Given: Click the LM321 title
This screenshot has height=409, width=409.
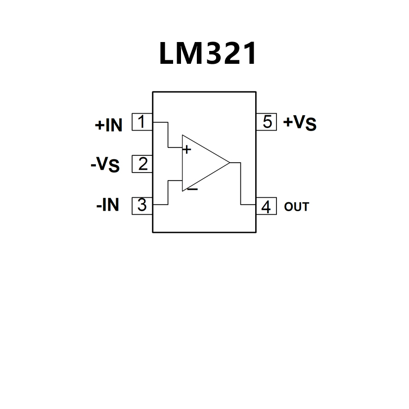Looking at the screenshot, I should [208, 53].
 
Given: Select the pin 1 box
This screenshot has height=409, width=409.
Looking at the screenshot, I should [142, 122].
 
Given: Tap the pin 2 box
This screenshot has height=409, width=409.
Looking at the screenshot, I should [142, 164].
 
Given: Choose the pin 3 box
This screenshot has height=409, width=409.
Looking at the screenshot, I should [142, 205].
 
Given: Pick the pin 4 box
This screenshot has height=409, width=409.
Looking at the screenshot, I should [266, 207].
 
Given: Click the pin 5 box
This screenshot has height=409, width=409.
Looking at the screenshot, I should [267, 122].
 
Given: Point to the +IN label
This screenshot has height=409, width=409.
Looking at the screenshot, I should [108, 125].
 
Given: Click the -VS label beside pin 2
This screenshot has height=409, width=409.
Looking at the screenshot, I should [105, 164].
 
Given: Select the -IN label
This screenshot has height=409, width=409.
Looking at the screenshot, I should [108, 204].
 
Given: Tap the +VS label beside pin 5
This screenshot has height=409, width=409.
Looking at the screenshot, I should [300, 123].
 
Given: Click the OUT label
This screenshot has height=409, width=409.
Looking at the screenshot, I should [296, 207].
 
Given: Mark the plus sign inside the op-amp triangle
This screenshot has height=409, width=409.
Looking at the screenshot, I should [187, 148].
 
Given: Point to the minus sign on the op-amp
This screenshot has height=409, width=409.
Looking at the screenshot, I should [192, 188].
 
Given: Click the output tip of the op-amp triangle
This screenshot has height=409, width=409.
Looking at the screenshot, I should [229, 163].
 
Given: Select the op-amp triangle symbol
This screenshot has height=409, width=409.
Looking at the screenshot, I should [203, 163].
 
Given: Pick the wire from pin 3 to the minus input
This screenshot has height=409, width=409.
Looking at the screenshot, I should [168, 193].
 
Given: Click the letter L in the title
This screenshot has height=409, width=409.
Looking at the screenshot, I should [168, 53].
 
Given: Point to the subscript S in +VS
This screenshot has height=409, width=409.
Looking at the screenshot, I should [311, 126].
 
